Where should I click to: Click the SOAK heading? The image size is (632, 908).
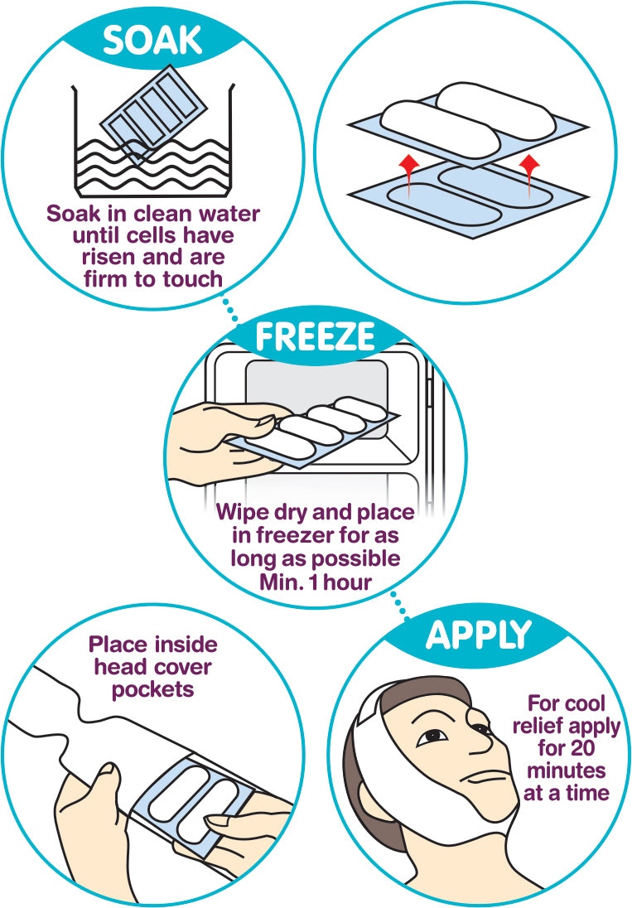[152, 41]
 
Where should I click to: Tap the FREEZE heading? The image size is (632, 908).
[316, 336]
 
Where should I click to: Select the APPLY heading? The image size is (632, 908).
[479, 635]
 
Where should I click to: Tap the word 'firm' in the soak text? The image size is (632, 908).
[107, 278]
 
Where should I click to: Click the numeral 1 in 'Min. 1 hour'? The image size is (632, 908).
[314, 582]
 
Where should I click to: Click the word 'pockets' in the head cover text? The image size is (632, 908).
[152, 689]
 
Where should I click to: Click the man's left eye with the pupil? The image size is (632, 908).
[432, 737]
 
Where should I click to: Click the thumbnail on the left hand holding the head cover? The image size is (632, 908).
[107, 770]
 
